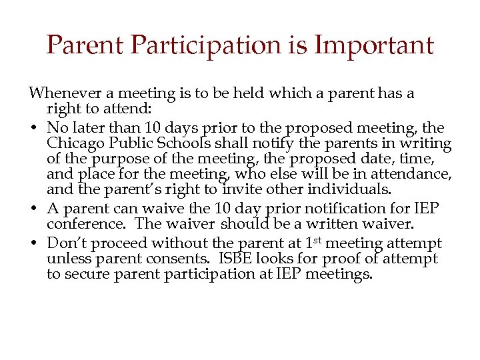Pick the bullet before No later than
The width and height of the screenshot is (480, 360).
(x=34, y=128)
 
